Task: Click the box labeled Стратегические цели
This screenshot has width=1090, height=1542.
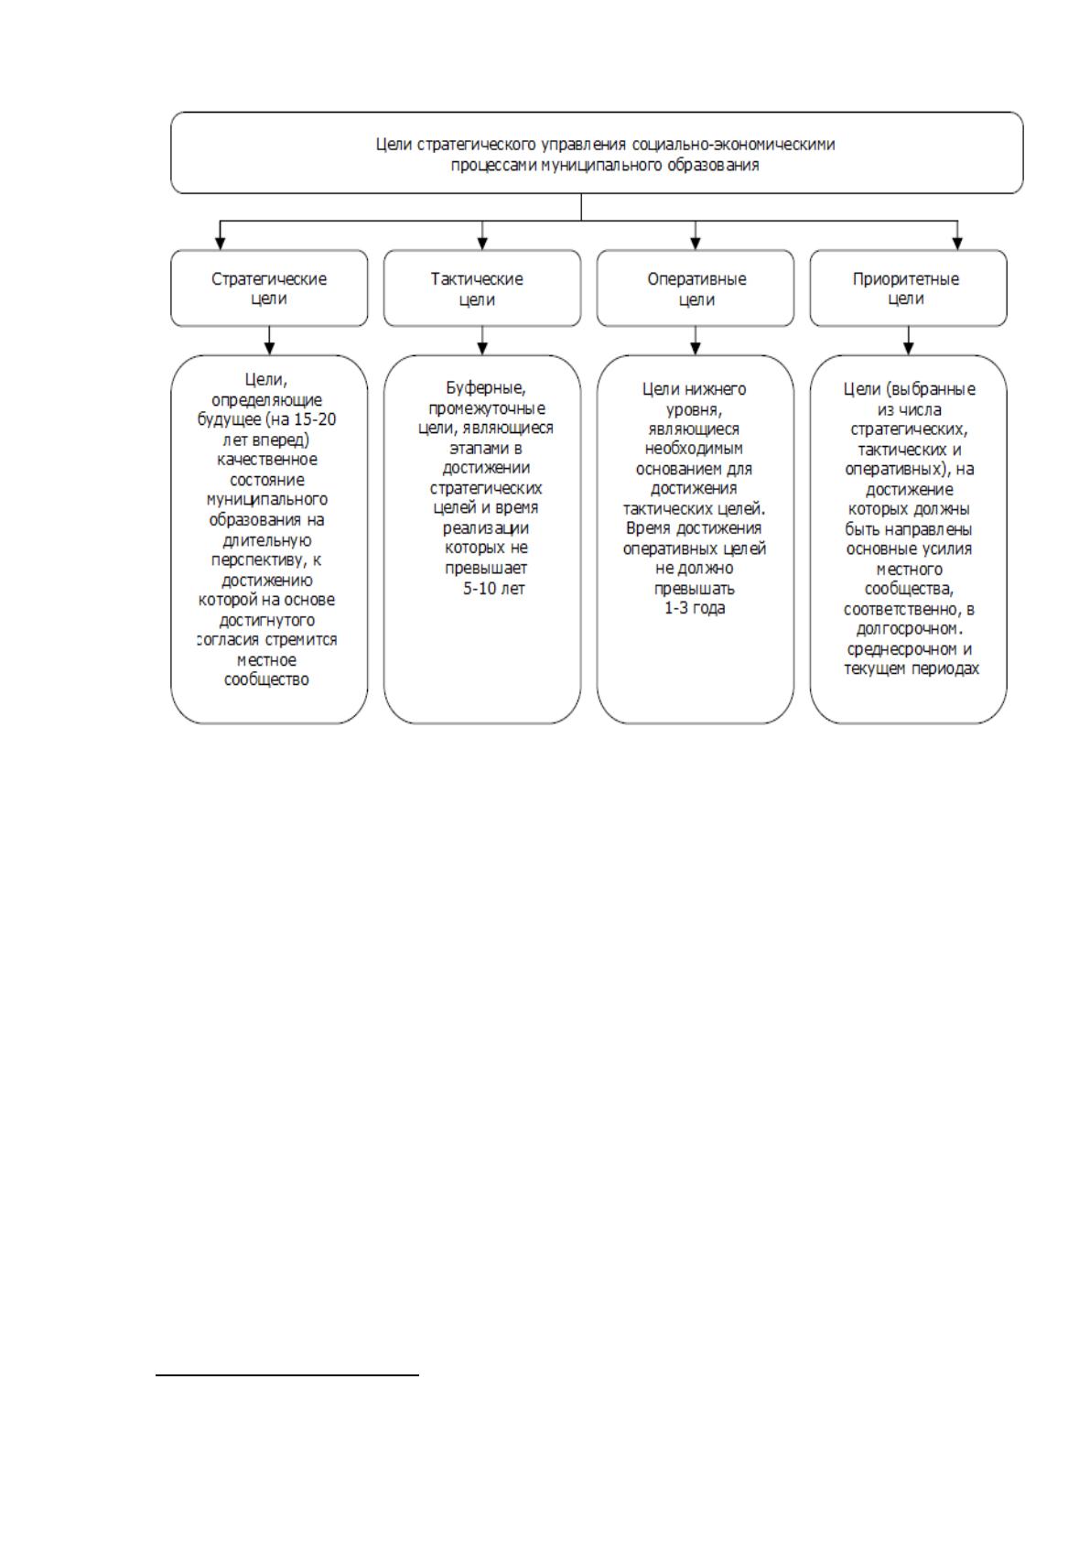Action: point(269,288)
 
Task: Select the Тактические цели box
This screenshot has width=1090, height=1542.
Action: point(482,288)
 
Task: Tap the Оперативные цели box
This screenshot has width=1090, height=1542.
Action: point(695,288)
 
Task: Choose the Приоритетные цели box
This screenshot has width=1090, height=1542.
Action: point(908,288)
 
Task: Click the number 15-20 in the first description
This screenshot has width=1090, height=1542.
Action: point(315,419)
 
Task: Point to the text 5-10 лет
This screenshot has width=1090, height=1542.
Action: point(493,589)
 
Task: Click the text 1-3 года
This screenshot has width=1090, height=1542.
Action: point(695,609)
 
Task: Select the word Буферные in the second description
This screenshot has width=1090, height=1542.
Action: point(486,389)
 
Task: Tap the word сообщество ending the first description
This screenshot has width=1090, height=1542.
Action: point(266,680)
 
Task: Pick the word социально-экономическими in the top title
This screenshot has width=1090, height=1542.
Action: point(734,145)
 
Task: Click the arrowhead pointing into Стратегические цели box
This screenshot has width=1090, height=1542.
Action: point(221,244)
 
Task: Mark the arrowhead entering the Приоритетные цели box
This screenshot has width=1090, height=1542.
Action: point(958,244)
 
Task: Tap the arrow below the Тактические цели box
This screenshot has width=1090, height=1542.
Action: point(482,341)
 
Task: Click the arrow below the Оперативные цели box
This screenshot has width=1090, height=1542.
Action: point(695,341)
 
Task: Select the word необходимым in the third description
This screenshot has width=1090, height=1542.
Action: point(694,449)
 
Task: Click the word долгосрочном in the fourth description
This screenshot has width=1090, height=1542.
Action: point(908,629)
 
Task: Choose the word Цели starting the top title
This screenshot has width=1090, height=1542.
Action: point(394,146)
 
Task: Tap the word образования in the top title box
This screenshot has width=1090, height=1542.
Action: point(713,166)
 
